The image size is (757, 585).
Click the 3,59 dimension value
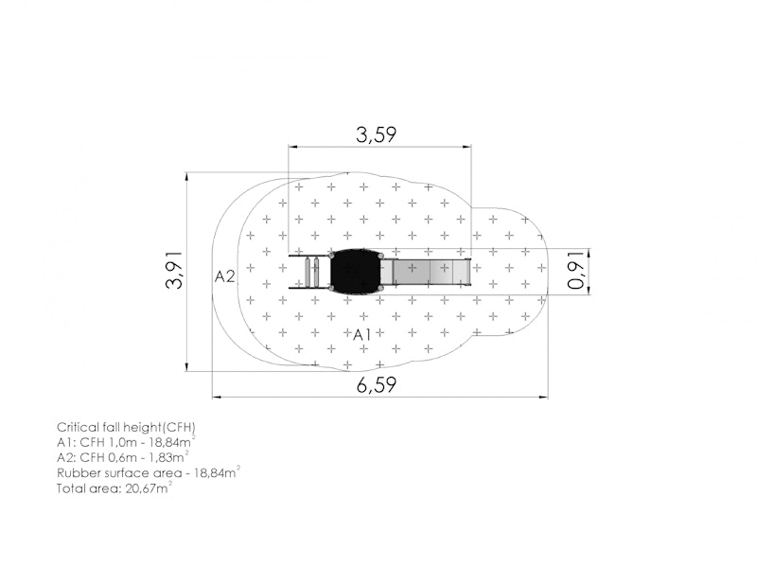pos(376,134)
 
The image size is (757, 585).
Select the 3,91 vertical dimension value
pos(174,270)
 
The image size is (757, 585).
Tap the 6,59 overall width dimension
pos(377,385)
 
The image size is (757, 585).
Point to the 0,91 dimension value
pos(577,271)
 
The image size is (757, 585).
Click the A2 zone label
pos(224,276)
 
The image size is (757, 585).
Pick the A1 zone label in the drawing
pos(362,335)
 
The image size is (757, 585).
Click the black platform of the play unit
pos(356,272)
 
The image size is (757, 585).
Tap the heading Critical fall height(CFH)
pos(126,428)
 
